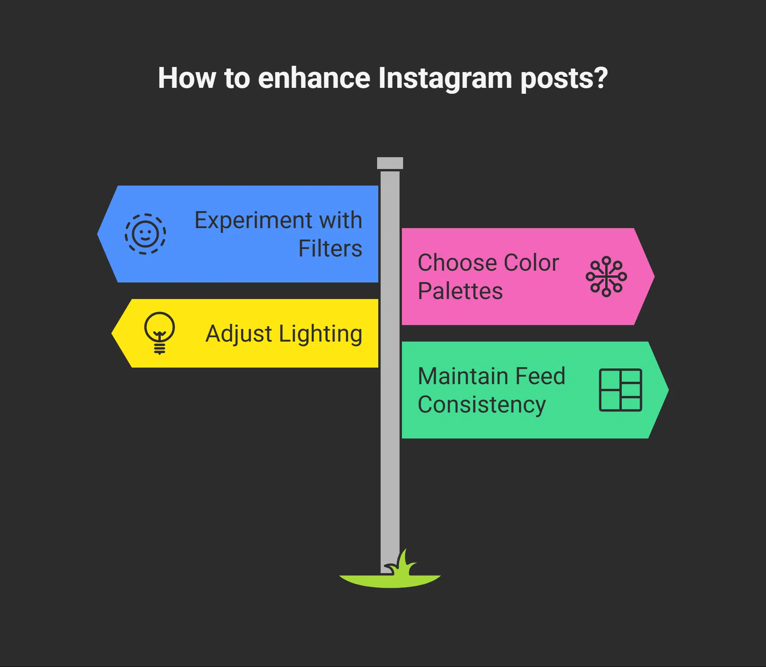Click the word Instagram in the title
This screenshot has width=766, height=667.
445,78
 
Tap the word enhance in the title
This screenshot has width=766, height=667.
314,78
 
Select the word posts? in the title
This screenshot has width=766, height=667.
564,78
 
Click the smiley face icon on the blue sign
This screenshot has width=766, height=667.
145,234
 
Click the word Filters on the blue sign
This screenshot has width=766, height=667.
330,249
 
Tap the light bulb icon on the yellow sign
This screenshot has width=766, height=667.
159,333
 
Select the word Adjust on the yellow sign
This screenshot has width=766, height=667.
239,334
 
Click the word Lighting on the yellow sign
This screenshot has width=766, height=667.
320,334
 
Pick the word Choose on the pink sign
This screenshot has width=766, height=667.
457,263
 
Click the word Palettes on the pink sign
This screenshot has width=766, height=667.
460,291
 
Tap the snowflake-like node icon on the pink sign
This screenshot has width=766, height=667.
606,277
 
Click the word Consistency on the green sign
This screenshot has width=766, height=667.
482,405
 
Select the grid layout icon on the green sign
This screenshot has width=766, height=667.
620,390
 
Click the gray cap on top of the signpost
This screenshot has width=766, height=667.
390,163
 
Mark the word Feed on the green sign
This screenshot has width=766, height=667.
540,376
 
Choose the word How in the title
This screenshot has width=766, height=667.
187,78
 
